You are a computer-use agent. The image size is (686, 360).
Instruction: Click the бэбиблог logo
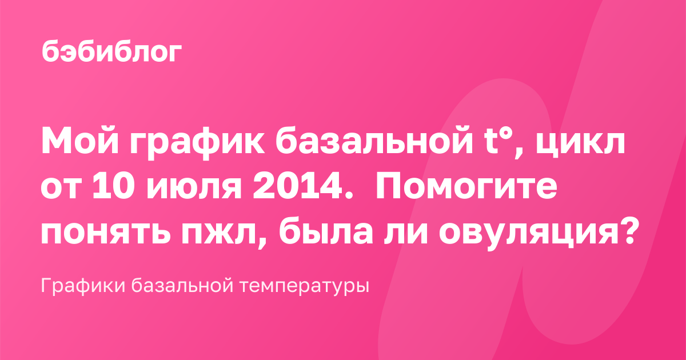click(112, 52)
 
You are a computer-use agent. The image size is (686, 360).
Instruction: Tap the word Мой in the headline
click(80, 140)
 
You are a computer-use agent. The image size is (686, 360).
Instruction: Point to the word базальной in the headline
click(374, 140)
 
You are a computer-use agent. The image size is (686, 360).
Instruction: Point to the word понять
click(106, 232)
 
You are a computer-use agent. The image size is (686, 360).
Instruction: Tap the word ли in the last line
click(405, 232)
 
